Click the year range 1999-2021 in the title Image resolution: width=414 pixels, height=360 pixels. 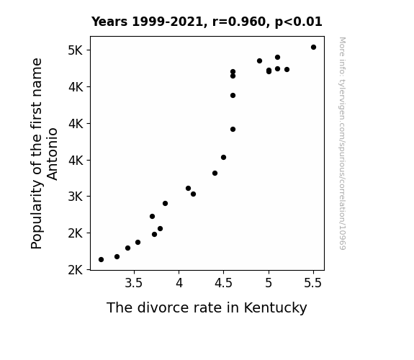167,22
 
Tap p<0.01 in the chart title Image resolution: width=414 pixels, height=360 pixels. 299,22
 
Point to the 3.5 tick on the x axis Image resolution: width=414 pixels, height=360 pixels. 134,283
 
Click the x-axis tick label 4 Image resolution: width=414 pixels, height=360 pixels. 179,283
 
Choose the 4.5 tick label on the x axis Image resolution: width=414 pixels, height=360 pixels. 223,283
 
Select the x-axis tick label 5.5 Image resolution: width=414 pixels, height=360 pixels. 313,283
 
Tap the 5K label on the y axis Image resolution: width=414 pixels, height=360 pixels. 76,50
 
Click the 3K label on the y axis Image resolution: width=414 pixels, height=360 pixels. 76,197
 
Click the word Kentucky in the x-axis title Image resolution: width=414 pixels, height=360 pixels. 275,308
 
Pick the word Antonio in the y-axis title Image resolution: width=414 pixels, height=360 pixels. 52,154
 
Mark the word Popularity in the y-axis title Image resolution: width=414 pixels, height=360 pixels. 37,215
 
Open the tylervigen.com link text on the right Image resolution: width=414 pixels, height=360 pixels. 343,143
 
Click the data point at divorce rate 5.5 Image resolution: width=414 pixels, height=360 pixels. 313,48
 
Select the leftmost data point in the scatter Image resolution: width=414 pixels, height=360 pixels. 101,260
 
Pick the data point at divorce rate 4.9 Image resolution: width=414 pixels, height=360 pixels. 259,61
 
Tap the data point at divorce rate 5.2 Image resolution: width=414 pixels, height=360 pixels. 287,69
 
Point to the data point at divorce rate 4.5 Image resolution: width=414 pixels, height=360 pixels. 224,158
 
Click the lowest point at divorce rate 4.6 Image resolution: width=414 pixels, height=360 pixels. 233,130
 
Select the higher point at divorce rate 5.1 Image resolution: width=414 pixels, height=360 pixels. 277,58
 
